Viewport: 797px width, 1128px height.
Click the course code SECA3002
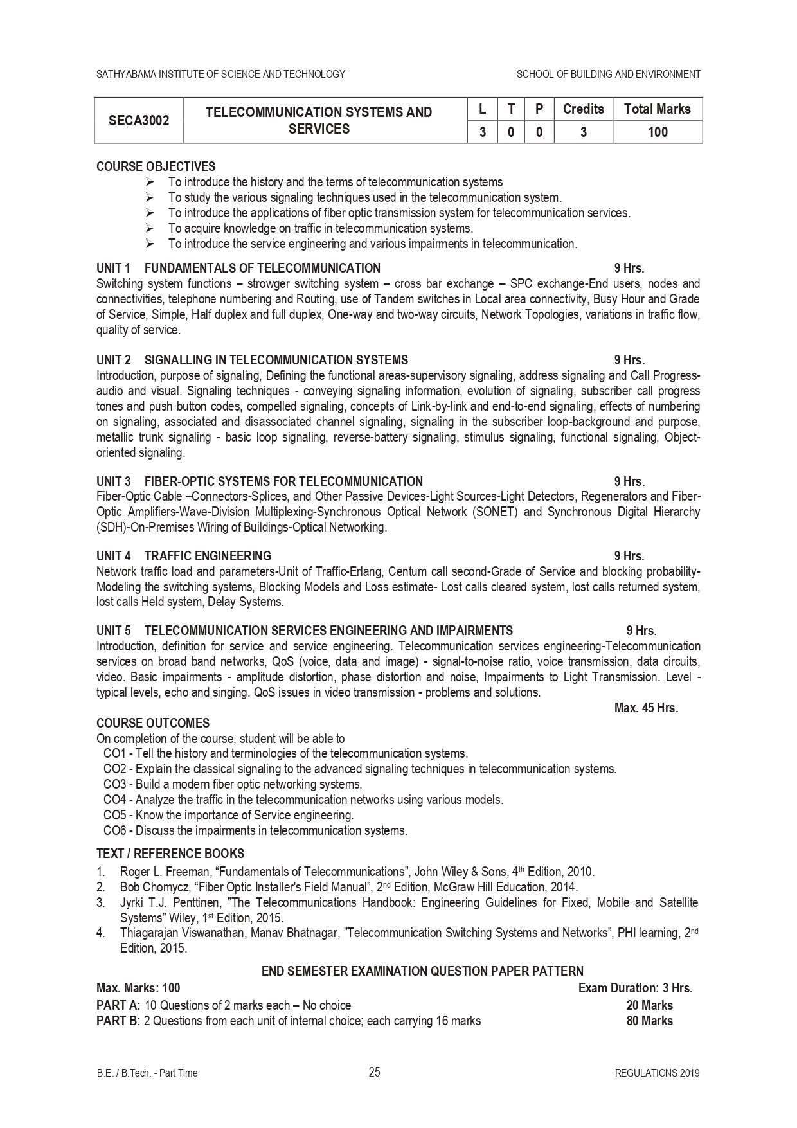click(139, 120)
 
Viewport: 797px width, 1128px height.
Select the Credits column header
click(583, 109)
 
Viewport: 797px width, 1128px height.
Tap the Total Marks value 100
click(658, 132)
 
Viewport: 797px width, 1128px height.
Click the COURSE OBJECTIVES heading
click(156, 167)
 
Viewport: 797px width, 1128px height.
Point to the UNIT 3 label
click(114, 481)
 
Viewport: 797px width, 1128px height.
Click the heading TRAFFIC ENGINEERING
click(208, 556)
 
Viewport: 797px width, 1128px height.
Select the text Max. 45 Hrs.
click(646, 708)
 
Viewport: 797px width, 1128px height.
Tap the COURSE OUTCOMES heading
click(153, 723)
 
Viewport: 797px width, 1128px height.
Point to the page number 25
click(375, 1072)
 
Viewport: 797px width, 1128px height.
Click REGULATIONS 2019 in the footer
click(657, 1073)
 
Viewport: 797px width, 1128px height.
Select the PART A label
click(118, 1005)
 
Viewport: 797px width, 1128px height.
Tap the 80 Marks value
click(649, 1021)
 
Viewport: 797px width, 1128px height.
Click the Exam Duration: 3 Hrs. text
click(635, 988)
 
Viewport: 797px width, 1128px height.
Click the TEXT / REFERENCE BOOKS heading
click(170, 854)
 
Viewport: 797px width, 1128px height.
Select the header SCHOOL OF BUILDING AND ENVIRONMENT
click(608, 75)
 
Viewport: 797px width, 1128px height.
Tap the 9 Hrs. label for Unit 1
click(629, 268)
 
